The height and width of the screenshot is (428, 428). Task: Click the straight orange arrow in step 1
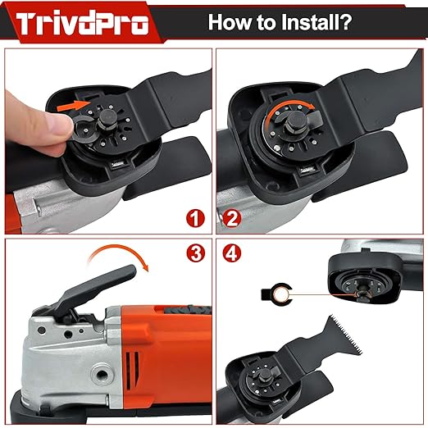click(71, 105)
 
